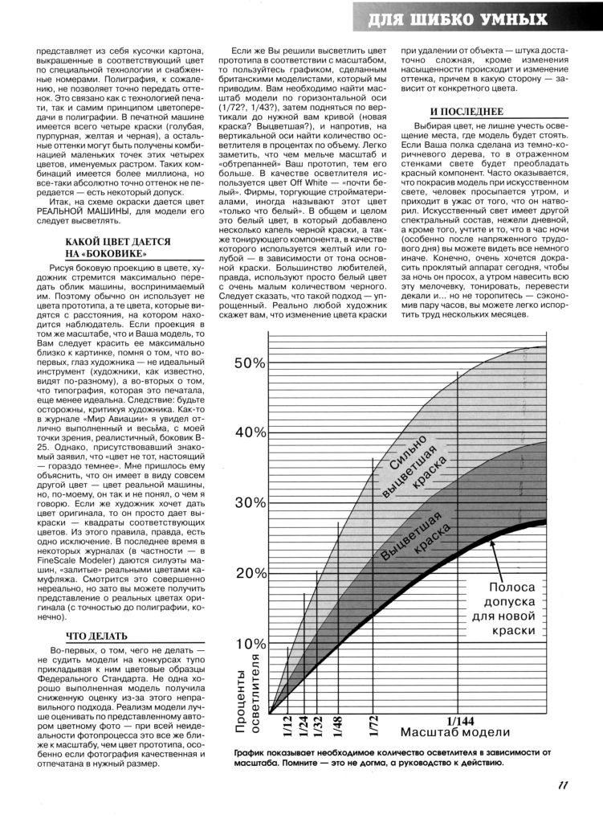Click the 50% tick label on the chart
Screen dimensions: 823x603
[x=249, y=364]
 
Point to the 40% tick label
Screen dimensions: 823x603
[x=249, y=433]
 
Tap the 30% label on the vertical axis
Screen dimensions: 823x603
[x=249, y=504]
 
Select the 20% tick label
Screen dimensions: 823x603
[x=249, y=574]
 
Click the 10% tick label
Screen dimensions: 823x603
[x=249, y=645]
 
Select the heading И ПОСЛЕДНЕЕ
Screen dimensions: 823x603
[x=454, y=113]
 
